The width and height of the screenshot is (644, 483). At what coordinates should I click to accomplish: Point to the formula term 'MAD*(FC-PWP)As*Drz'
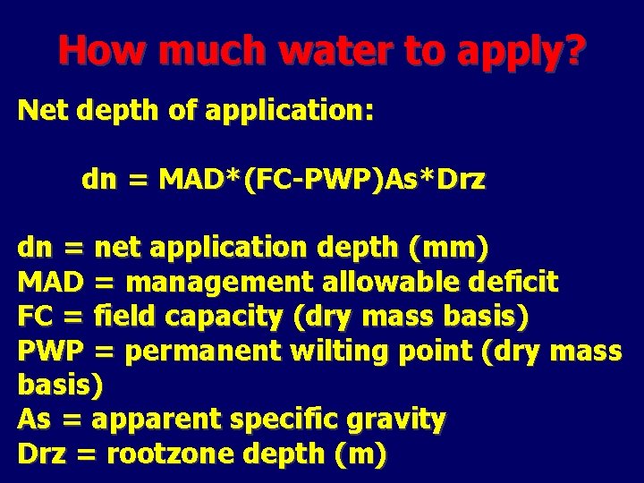tap(322, 180)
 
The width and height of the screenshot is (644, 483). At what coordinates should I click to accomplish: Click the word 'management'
tap(220, 284)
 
